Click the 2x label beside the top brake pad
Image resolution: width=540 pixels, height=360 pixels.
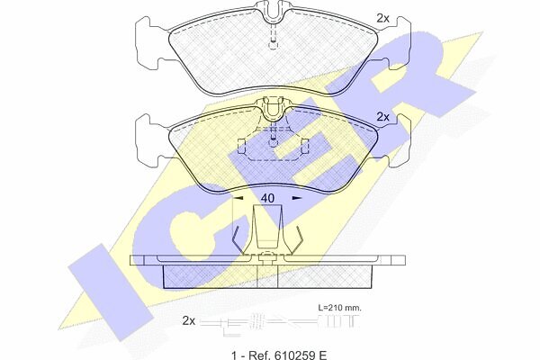tap(382, 18)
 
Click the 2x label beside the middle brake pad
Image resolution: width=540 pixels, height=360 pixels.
tap(382, 117)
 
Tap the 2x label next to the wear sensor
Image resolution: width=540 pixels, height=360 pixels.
tap(188, 321)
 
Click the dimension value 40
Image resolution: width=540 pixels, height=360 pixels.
tap(267, 198)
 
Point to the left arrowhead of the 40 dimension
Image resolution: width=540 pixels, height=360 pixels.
tap(238, 198)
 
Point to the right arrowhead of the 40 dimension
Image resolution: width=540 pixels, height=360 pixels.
tap(297, 198)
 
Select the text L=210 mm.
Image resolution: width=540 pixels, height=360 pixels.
tap(339, 308)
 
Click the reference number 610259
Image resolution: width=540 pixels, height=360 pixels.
tap(292, 355)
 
